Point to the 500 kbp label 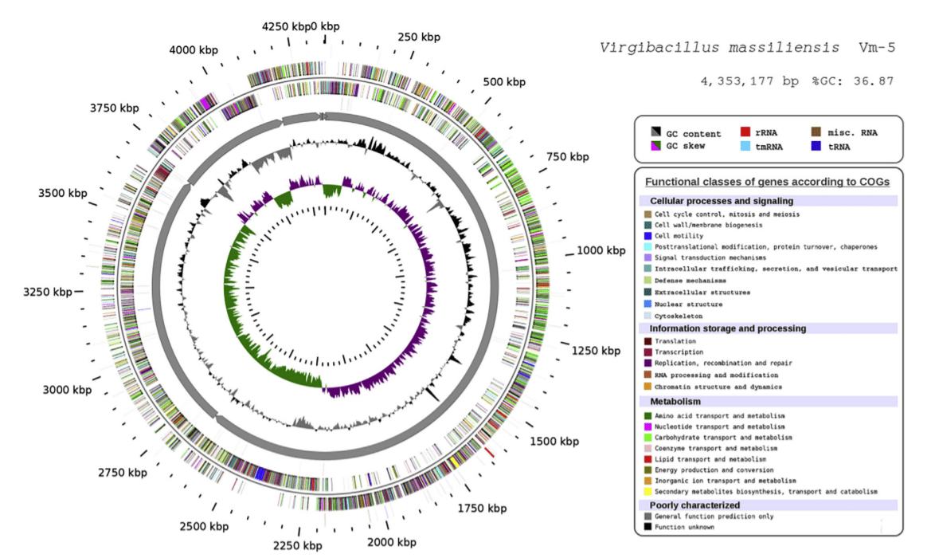tap(504, 82)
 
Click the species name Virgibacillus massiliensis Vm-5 tap(747, 48)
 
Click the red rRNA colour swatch tap(746, 132)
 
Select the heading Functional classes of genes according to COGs tap(769, 182)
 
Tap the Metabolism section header tap(676, 401)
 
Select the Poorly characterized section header tap(694, 505)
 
